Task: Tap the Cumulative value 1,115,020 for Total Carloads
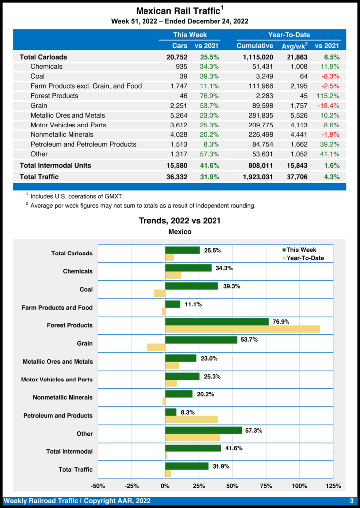[255, 57]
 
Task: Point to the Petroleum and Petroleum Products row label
[83, 144]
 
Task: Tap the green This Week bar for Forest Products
[216, 321]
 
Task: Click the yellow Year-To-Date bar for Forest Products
[242, 329]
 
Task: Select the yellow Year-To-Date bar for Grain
[156, 347]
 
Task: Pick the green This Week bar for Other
[204, 430]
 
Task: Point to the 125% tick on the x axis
[333, 486]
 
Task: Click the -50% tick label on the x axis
[98, 486]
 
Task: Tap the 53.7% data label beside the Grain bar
[249, 340]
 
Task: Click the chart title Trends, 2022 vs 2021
[180, 221]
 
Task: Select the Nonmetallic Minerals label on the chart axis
[63, 398]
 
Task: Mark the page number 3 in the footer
[351, 501]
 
